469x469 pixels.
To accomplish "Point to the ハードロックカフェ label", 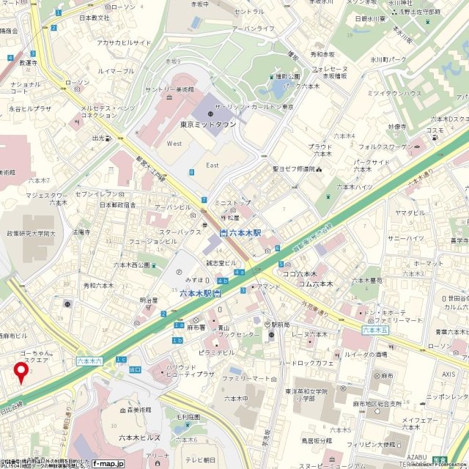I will [306, 362].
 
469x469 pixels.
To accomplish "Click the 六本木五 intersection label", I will [375, 330].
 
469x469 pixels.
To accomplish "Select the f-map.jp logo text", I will [108, 463].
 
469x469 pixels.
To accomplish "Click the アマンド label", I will [269, 287].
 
